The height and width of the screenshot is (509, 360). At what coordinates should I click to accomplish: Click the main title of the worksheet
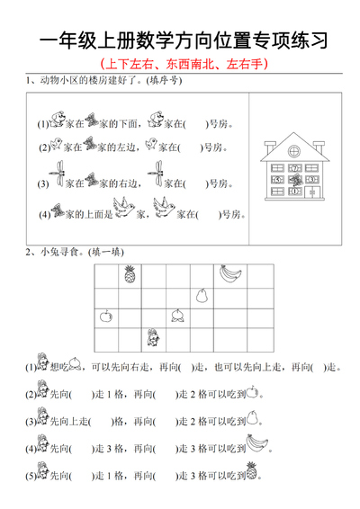180,40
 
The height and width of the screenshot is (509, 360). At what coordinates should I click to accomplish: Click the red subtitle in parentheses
180,65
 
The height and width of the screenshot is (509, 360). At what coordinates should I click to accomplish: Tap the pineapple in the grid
130,273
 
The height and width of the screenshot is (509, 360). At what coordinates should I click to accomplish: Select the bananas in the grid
230,272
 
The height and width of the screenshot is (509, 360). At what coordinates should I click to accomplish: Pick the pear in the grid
202,294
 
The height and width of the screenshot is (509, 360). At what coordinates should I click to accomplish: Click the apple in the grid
106,315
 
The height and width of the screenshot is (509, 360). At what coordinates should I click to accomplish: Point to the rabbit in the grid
153,337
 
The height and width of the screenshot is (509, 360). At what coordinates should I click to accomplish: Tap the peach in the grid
179,315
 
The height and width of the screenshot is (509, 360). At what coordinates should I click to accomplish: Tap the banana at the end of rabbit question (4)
258,441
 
